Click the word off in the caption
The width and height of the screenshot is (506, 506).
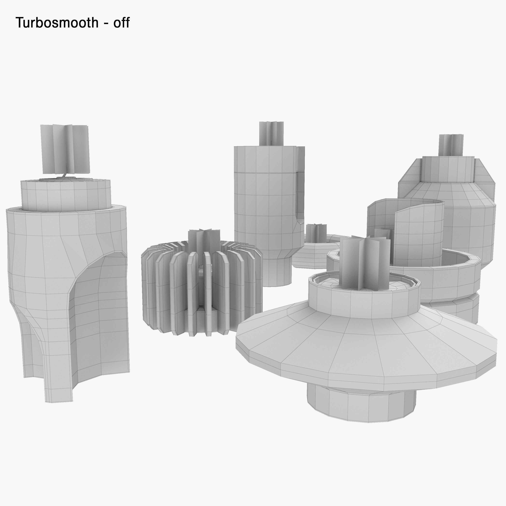(121, 23)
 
